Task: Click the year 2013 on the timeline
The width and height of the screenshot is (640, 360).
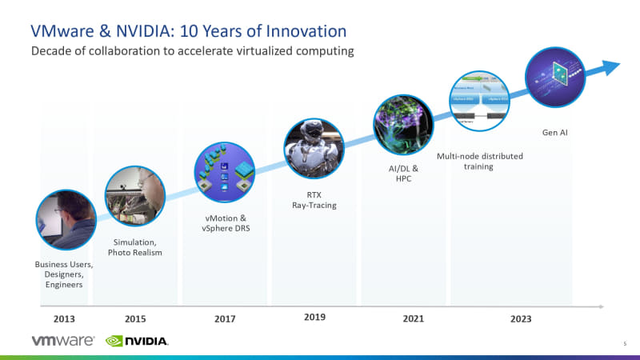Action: point(64,318)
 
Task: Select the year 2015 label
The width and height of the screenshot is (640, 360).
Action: point(135,318)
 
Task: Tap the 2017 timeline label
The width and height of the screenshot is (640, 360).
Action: point(225,318)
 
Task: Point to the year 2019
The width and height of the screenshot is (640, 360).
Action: point(314,318)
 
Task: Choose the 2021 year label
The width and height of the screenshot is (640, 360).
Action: point(413,318)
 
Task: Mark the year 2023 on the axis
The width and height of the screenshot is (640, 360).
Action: point(521,318)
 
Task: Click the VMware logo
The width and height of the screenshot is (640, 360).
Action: point(64,340)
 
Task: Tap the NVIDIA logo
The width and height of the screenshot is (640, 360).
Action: point(137,341)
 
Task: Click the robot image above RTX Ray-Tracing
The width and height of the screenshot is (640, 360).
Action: point(314,150)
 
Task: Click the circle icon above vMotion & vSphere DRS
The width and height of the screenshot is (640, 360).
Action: point(225,173)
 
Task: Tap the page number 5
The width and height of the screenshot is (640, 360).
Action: point(624,343)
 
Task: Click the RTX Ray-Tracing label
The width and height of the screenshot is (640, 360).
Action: point(314,199)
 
